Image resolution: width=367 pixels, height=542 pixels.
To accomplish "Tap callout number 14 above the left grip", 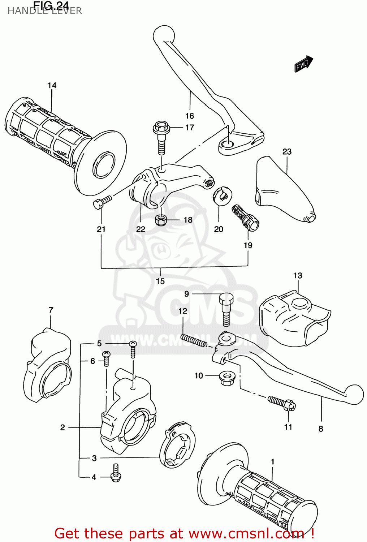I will click(52, 85).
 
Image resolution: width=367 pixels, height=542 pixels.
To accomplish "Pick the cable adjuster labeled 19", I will click(245, 218).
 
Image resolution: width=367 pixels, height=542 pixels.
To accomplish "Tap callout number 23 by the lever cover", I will click(287, 151).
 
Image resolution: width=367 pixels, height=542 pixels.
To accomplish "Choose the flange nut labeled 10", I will click(226, 378).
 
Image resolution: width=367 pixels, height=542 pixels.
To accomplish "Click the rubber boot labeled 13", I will click(294, 318).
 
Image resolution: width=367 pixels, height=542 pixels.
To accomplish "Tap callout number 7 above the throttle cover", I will click(51, 310).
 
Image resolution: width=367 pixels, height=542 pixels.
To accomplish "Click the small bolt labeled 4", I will click(116, 473).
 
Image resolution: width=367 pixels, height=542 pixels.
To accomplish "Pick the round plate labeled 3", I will click(177, 444).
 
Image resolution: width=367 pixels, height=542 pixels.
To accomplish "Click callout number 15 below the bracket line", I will click(160, 281).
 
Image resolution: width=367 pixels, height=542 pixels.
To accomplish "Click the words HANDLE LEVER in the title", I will click(45, 11).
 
